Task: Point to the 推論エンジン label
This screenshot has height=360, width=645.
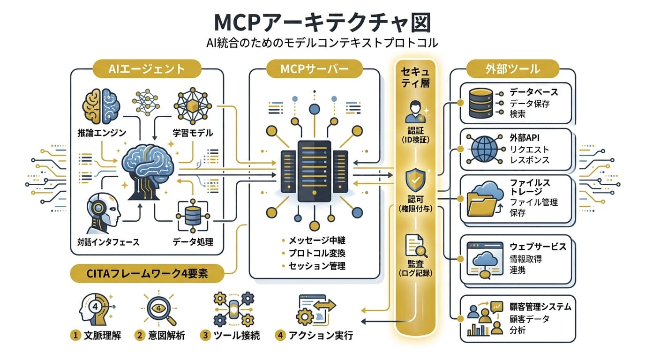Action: tap(102, 133)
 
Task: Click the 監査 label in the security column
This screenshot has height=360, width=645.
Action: tap(416, 263)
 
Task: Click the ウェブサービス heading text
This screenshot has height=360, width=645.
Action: tap(538, 247)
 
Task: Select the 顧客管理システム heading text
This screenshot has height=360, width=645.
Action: tap(540, 307)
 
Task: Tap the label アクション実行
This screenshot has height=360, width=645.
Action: tap(321, 336)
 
